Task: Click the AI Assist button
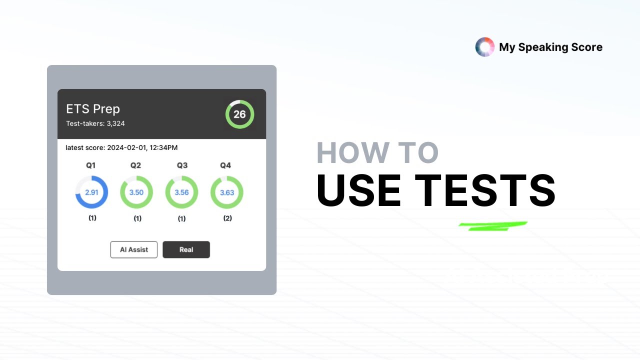click(x=134, y=249)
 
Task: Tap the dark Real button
click(x=186, y=249)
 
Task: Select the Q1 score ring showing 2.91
click(x=91, y=192)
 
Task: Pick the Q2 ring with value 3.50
click(x=136, y=192)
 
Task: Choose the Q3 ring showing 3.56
click(x=181, y=192)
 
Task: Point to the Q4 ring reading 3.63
click(x=227, y=192)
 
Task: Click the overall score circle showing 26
click(x=239, y=114)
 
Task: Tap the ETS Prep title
click(x=93, y=109)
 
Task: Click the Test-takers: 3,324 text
click(x=95, y=123)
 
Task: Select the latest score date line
click(x=121, y=147)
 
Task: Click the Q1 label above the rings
click(x=90, y=165)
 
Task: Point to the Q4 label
click(x=225, y=165)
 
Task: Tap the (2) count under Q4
click(x=227, y=218)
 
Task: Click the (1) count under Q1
click(x=92, y=218)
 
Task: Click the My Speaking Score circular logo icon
click(x=484, y=47)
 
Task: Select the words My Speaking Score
click(x=550, y=47)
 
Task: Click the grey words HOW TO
click(x=377, y=153)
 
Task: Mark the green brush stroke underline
click(x=492, y=226)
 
